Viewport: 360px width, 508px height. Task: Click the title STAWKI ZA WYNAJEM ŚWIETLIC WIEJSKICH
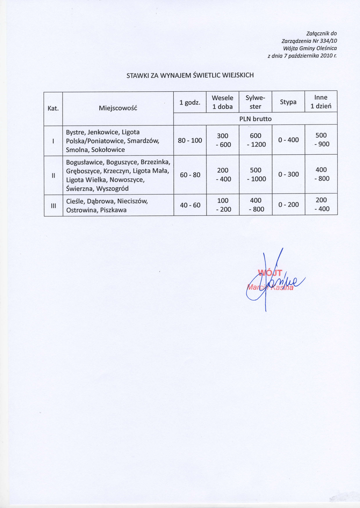[190, 75]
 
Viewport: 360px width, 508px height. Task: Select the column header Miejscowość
[118, 108]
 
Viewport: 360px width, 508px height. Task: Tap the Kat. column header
[53, 108]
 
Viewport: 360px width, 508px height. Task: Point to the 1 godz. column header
[190, 102]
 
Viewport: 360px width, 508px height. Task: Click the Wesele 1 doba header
[222, 102]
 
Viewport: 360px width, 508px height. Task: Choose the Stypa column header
[288, 102]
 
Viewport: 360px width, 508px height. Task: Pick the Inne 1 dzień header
[321, 102]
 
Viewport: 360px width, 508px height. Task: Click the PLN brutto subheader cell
[255, 119]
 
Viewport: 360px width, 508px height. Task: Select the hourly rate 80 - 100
[190, 140]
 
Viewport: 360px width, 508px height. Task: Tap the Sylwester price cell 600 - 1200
[256, 140]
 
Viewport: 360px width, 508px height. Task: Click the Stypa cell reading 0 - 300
[288, 174]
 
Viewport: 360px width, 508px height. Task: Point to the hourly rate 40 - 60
[190, 205]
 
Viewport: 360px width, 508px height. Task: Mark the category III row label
[53, 205]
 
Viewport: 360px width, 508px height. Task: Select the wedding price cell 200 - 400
[222, 174]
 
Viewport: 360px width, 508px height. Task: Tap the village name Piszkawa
[113, 210]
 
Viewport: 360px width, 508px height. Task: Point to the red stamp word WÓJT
[270, 272]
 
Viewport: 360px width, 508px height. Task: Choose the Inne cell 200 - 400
[321, 205]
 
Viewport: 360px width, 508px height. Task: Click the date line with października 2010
[302, 57]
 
